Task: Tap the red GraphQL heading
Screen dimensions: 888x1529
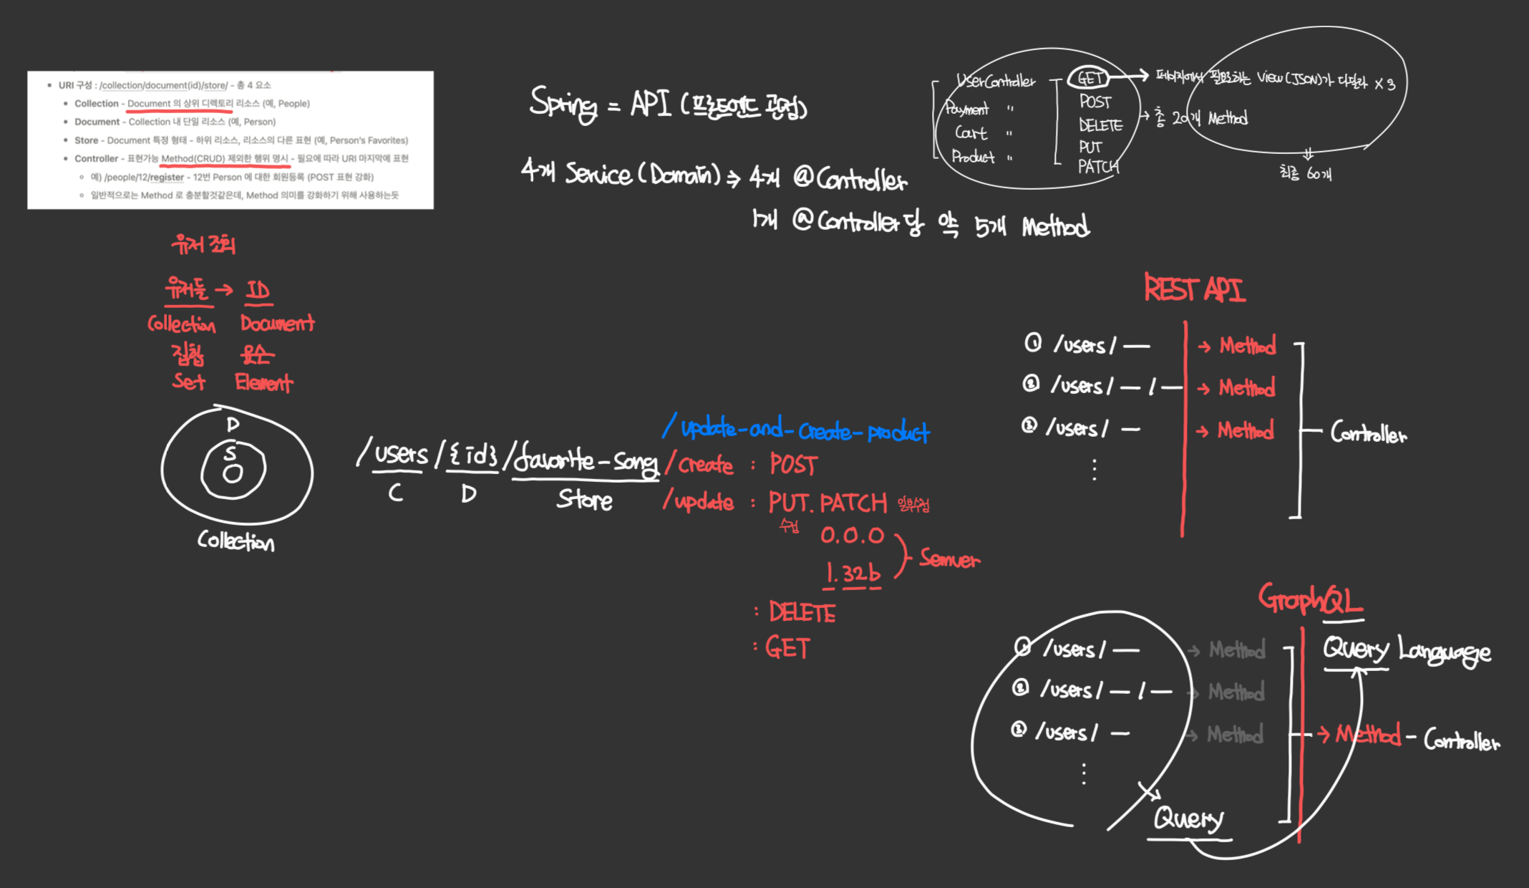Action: click(1310, 599)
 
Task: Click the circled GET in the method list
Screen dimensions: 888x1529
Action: click(1089, 78)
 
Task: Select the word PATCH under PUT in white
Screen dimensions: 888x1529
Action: click(1098, 167)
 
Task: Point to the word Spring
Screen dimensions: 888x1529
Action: click(563, 104)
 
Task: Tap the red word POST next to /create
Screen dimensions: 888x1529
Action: click(793, 465)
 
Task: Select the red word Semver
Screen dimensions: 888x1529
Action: click(949, 559)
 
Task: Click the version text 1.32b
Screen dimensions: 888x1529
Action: click(852, 574)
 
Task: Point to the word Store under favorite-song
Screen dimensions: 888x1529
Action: click(584, 499)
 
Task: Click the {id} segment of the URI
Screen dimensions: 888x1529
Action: click(472, 455)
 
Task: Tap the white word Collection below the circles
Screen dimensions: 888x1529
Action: click(236, 541)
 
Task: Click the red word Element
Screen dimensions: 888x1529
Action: click(263, 382)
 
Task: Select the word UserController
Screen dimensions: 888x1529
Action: click(996, 81)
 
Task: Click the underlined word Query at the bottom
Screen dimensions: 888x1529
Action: click(1188, 818)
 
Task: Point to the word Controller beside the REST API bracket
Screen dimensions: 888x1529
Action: click(1368, 433)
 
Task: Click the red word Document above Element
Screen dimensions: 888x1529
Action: click(277, 324)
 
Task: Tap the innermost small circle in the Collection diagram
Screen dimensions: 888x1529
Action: click(233, 473)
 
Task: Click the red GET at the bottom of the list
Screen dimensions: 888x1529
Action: click(787, 648)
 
